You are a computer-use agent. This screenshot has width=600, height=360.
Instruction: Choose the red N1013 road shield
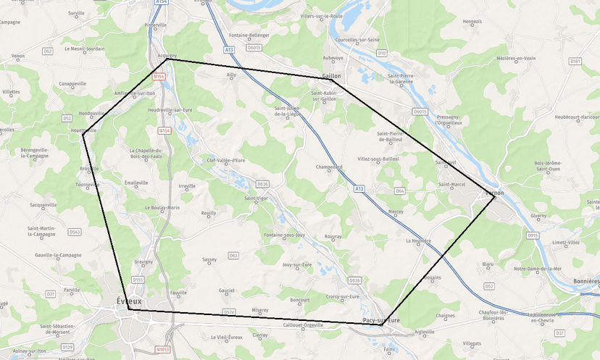pyautogui.click(x=164, y=349)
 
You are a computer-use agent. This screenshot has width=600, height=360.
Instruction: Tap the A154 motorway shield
pyautogui.click(x=161, y=2)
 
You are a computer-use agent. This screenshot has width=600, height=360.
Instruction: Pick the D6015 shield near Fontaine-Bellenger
pyautogui.click(x=254, y=47)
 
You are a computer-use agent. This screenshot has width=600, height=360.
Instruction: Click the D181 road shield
pyautogui.click(x=575, y=62)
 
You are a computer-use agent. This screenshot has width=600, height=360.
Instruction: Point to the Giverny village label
pyautogui.click(x=538, y=215)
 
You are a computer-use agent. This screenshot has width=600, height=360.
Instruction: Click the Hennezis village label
pyautogui.click(x=472, y=21)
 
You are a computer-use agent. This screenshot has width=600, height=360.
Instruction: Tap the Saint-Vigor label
pyautogui.click(x=257, y=198)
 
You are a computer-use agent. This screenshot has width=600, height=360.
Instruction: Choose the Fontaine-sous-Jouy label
pyautogui.click(x=285, y=235)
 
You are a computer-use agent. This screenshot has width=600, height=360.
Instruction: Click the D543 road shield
pyautogui.click(x=75, y=232)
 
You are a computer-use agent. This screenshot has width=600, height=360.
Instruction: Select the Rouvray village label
pyautogui.click(x=333, y=236)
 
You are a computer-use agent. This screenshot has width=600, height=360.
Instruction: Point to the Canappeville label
pyautogui.click(x=72, y=83)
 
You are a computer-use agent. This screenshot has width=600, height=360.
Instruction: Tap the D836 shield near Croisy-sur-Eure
pyautogui.click(x=354, y=280)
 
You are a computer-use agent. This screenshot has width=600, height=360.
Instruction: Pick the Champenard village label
pyautogui.click(x=329, y=167)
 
